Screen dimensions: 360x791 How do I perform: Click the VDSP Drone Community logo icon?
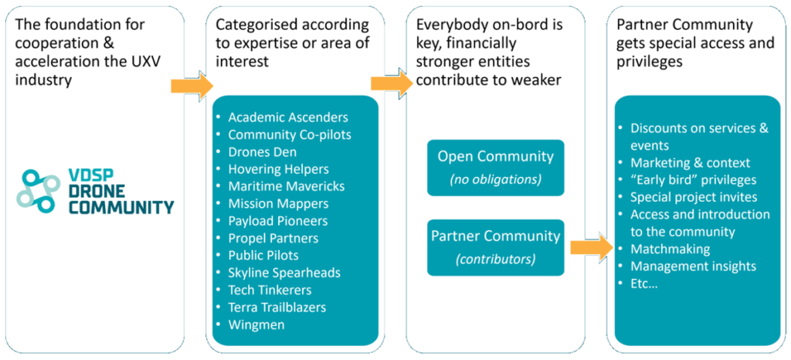tap(38, 190)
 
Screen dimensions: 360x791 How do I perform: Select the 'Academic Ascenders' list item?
tap(287, 117)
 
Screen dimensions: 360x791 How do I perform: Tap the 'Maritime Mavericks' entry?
tap(286, 186)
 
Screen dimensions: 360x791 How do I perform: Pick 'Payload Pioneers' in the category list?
tap(278, 221)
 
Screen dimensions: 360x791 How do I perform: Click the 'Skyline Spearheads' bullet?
tap(283, 273)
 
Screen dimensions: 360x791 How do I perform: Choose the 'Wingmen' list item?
tap(256, 324)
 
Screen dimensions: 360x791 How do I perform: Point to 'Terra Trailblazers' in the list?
tap(277, 307)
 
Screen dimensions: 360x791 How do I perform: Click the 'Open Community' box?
tap(495, 167)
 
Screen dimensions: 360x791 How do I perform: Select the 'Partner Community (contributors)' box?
tap(495, 247)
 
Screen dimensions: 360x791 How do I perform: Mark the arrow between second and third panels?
tap(392, 83)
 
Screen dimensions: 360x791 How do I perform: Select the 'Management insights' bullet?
tap(693, 267)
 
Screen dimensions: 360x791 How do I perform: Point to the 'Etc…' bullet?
tap(643, 284)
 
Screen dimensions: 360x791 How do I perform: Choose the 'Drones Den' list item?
tap(262, 152)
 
